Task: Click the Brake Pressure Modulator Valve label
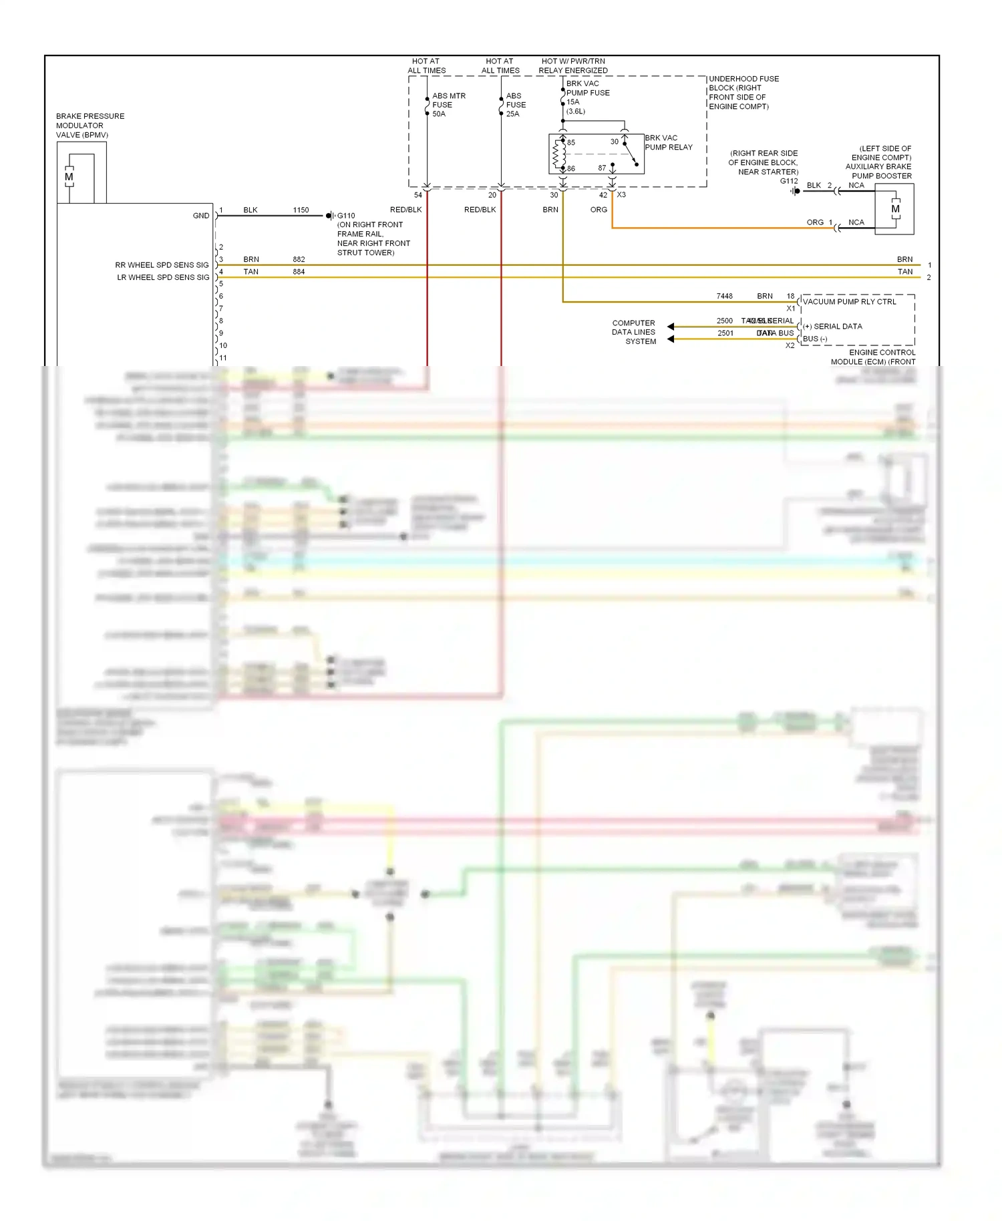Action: click(90, 126)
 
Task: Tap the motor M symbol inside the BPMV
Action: click(69, 177)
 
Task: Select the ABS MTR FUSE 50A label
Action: click(448, 105)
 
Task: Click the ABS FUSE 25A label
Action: click(516, 105)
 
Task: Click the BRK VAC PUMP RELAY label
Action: click(668, 142)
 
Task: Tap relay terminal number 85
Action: click(571, 142)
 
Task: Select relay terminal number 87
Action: click(602, 168)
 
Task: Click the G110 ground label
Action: click(346, 216)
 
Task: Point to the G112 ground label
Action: click(788, 181)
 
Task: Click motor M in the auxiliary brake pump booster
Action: click(895, 209)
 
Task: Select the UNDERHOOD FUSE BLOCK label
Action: click(743, 92)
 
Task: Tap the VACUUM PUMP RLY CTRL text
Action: click(849, 302)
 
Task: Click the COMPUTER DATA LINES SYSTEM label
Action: click(633, 332)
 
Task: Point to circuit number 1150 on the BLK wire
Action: click(301, 210)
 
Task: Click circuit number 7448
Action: click(724, 296)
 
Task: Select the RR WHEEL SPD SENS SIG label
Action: click(162, 265)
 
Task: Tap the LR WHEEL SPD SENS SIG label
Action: click(163, 277)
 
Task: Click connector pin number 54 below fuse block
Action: click(418, 195)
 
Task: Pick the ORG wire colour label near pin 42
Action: click(599, 210)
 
